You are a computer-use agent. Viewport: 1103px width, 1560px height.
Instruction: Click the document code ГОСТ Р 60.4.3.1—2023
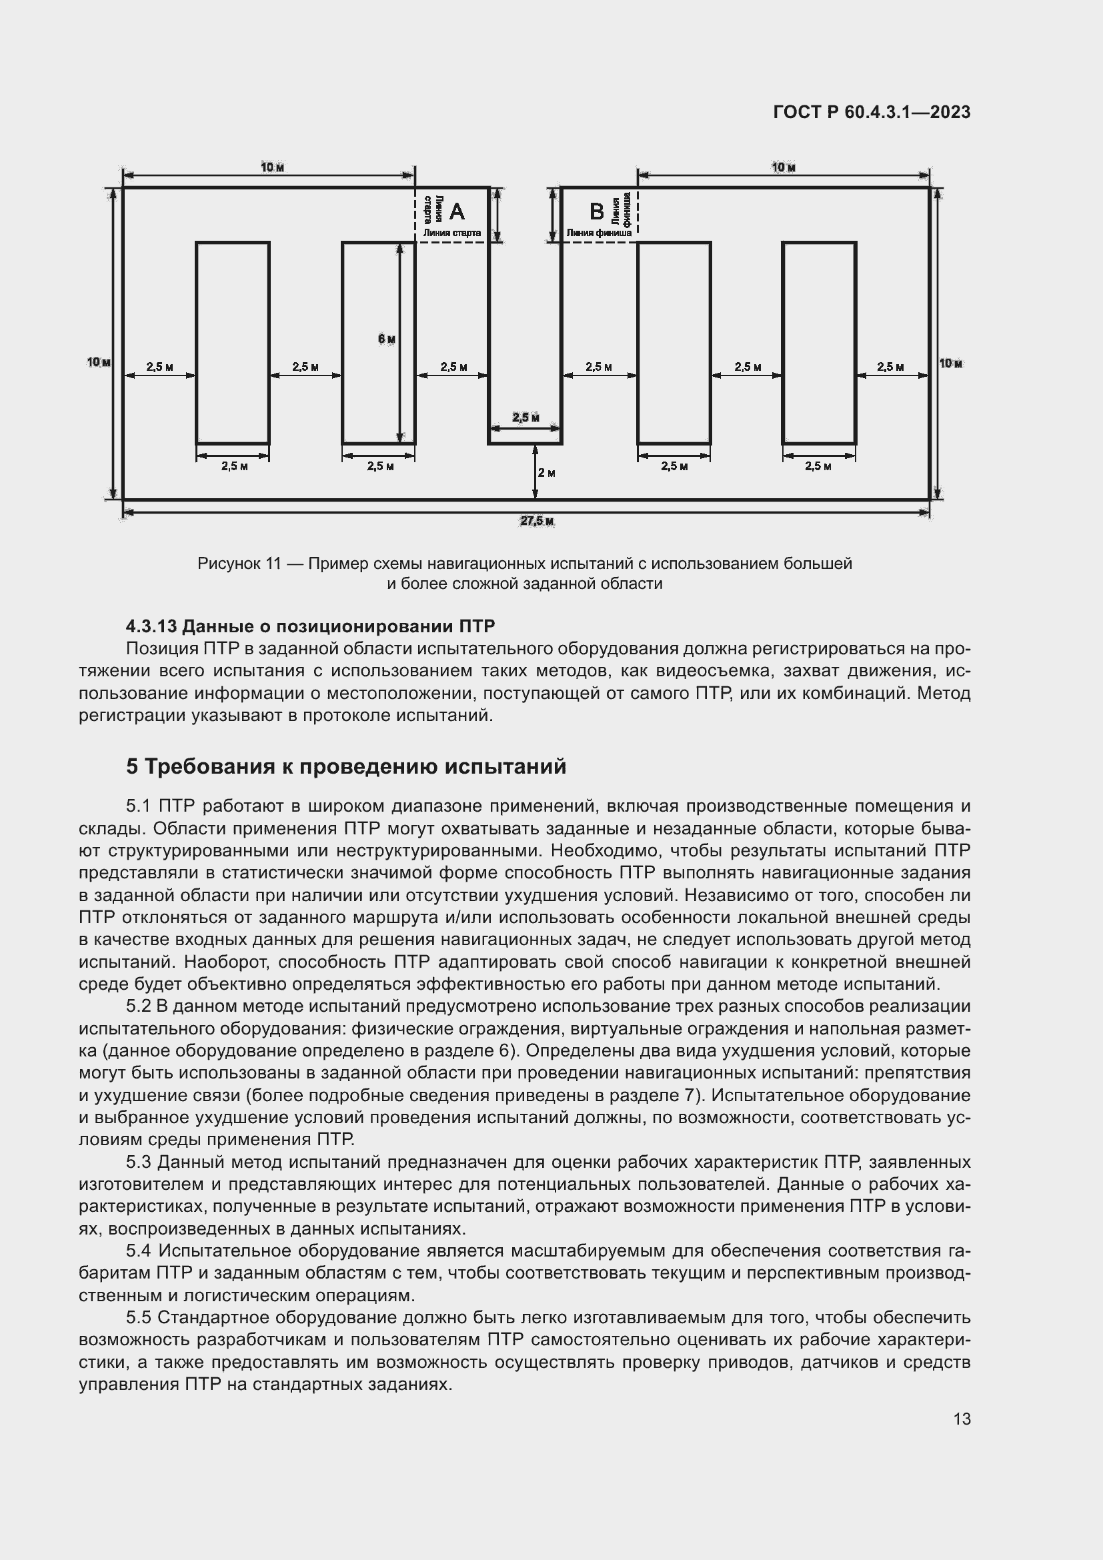tap(872, 112)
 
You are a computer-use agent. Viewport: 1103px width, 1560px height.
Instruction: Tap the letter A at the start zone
tap(457, 212)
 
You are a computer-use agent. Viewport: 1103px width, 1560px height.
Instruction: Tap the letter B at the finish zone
tap(596, 212)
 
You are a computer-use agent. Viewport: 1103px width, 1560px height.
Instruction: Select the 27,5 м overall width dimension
tap(537, 521)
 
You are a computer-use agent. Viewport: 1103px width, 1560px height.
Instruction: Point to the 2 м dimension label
tap(547, 473)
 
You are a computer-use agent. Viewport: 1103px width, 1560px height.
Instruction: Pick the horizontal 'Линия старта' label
tap(451, 233)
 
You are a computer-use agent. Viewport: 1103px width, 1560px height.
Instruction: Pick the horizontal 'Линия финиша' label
tap(598, 233)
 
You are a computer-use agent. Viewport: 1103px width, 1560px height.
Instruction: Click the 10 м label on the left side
tap(99, 363)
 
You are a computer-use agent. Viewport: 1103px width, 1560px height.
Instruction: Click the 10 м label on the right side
tap(951, 363)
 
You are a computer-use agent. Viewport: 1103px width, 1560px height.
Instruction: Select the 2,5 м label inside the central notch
tap(525, 417)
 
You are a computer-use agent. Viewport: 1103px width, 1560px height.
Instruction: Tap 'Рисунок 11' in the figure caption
tap(238, 564)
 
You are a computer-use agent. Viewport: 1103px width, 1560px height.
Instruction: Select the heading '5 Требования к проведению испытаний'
tap(345, 766)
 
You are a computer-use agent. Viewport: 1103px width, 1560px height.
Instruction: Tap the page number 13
tap(962, 1419)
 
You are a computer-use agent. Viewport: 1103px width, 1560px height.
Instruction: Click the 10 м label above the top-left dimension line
tap(271, 167)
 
